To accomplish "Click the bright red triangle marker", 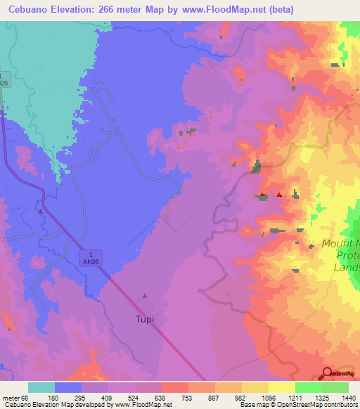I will coord(279,195).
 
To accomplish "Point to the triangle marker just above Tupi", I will coord(146,296).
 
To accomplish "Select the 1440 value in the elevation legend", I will coord(349,398).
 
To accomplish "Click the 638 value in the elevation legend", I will coord(160,398).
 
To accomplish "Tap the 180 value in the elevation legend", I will coord(53,398).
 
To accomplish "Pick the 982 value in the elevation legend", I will coord(240,398).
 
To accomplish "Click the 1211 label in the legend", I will coord(294,398).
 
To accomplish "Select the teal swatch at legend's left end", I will coord(41,387).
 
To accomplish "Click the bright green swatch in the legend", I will coord(308,387).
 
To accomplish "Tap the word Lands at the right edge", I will coord(347,267).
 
